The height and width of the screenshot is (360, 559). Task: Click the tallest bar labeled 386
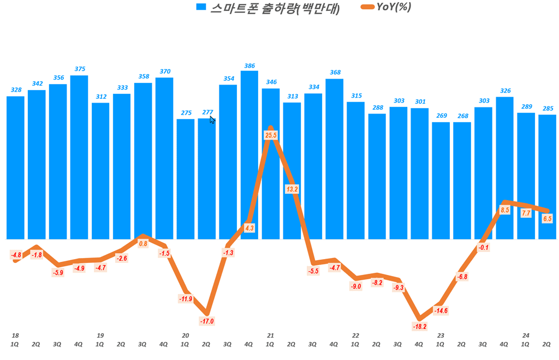[249, 155]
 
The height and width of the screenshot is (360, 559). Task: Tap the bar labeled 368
[335, 159]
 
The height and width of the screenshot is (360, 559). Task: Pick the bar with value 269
[441, 181]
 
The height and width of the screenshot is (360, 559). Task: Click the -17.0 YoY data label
[207, 321]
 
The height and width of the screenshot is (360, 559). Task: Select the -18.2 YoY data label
[420, 326]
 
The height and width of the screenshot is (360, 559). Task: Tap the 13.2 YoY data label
[292, 189]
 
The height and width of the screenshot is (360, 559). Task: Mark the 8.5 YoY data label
[505, 210]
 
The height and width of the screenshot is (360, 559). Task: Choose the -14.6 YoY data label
[441, 311]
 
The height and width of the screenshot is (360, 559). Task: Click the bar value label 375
[80, 69]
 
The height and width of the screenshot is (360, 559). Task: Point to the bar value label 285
[548, 108]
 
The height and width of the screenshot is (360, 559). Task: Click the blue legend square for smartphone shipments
[201, 7]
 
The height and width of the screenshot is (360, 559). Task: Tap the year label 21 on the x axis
[270, 335]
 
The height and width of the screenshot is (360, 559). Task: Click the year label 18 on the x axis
[15, 335]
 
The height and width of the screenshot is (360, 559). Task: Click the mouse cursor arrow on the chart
[212, 119]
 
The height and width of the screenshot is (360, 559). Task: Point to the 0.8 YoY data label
[143, 244]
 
